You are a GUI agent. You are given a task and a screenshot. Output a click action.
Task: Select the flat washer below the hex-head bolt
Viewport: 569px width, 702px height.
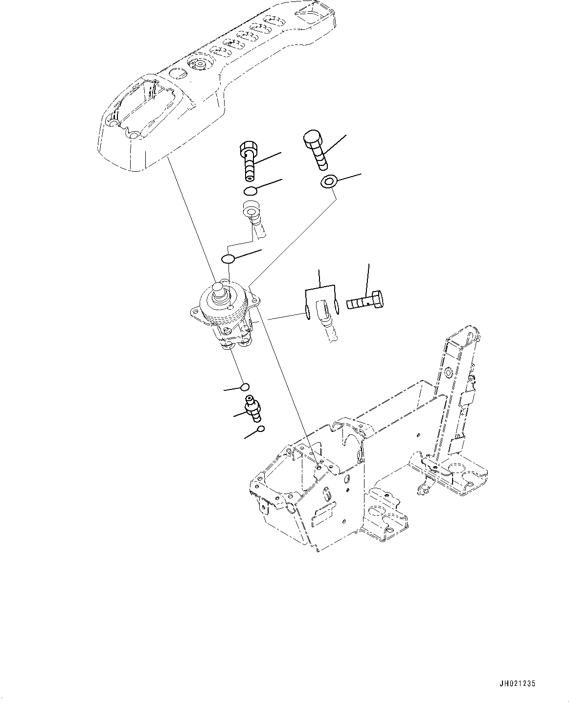point(328,183)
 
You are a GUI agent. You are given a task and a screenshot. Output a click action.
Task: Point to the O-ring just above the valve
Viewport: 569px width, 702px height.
point(228,258)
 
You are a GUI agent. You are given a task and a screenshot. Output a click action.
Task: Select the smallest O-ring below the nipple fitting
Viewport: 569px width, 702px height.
point(261,429)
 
